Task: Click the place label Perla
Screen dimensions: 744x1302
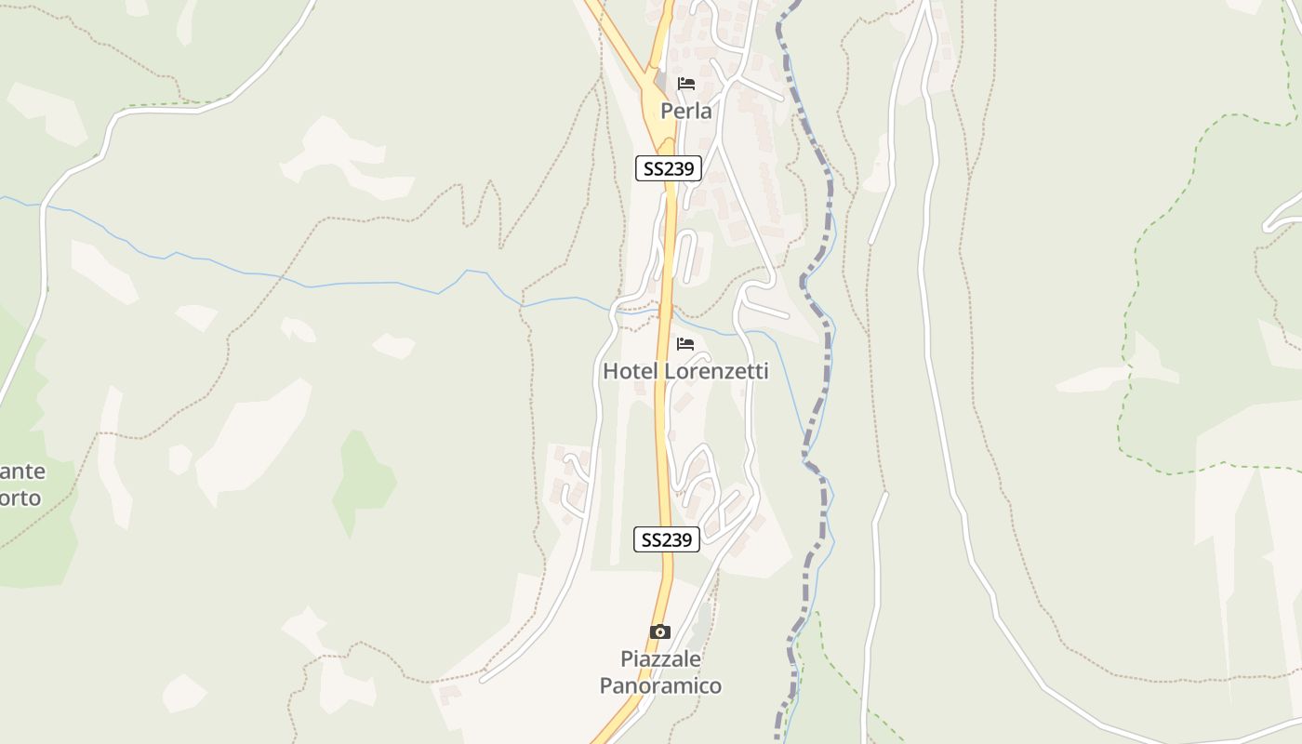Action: coord(686,112)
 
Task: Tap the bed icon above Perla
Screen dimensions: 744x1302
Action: coord(686,84)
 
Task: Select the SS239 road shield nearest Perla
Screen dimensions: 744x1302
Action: coord(668,168)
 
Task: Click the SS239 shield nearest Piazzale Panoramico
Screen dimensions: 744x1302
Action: coord(667,539)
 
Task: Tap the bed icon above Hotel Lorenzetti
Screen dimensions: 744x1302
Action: coord(686,344)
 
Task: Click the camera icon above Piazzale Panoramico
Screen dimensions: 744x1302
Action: coord(659,632)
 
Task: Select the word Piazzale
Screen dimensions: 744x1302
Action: coord(660,659)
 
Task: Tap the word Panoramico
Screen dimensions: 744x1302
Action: coord(660,686)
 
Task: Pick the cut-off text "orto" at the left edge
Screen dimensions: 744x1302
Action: coord(20,498)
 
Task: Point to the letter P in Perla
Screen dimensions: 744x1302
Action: coord(667,112)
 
